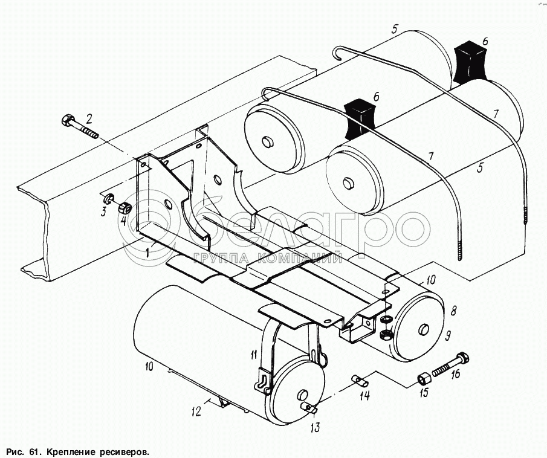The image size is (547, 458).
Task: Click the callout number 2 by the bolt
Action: tap(89, 119)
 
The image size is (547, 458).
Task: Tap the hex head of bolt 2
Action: tap(67, 120)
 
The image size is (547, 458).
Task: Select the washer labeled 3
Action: tap(108, 199)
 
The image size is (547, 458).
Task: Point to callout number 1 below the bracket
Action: tap(149, 251)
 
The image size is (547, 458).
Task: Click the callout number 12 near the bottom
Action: tap(196, 411)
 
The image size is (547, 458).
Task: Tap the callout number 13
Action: tap(315, 428)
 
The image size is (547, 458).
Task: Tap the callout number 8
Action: tap(453, 311)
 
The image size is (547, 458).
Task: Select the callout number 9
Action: tap(448, 336)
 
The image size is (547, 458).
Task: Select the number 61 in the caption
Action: tap(33, 453)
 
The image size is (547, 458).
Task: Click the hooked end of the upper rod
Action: tap(337, 53)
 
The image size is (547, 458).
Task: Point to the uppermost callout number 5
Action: tap(394, 29)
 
